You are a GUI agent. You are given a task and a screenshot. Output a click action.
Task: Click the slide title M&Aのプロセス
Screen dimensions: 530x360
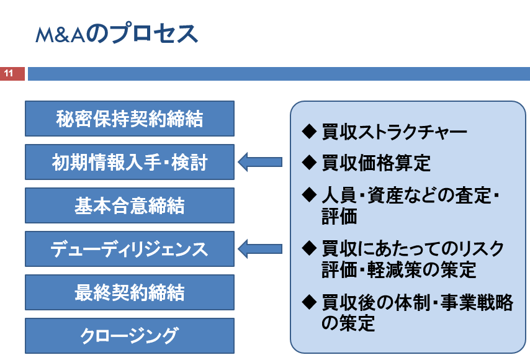[117, 33]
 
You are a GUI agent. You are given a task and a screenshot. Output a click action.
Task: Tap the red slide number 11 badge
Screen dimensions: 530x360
[12, 74]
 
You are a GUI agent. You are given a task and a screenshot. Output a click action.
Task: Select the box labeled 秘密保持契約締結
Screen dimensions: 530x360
[130, 119]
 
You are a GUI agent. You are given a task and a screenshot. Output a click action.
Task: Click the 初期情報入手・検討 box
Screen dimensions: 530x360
[130, 162]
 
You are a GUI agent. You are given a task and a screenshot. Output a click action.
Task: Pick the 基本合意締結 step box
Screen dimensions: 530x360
[130, 205]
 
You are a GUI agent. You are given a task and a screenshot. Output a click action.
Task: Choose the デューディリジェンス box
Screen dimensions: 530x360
[130, 249]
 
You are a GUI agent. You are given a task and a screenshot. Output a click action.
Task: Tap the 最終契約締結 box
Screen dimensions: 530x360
[130, 292]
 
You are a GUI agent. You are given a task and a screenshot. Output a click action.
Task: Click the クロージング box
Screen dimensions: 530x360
[130, 336]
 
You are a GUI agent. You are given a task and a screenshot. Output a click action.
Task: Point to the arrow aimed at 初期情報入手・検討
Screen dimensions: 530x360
[260, 162]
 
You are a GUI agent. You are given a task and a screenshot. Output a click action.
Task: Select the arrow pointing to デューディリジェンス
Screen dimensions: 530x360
[260, 249]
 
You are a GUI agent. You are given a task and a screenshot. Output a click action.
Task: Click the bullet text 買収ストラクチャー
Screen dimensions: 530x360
[395, 132]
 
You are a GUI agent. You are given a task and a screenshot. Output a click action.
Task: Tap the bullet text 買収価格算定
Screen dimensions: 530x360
[376, 163]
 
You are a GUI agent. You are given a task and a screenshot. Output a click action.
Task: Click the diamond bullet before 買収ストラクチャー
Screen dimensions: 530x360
[309, 131]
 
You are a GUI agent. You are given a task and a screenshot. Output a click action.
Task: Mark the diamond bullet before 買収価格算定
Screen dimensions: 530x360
[309, 162]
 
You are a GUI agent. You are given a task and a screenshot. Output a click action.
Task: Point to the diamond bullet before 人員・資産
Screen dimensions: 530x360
[309, 194]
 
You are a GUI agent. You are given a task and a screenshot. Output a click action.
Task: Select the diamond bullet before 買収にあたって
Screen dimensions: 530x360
[309, 248]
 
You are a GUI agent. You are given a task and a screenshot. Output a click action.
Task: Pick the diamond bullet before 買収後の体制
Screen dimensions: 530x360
[309, 302]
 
